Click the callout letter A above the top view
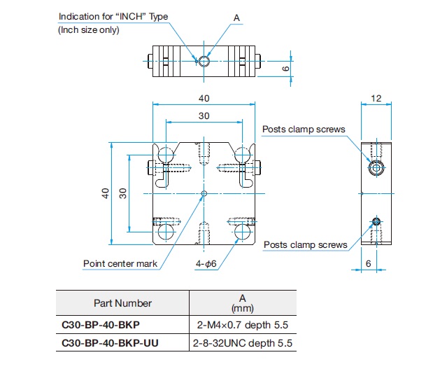236,18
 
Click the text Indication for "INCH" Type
113,17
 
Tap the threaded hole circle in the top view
204,61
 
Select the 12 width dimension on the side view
376,98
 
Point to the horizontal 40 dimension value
204,98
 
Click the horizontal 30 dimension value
204,116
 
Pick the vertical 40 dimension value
106,193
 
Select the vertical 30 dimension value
123,193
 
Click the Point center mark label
120,263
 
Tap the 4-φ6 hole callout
206,264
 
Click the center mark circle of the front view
204,194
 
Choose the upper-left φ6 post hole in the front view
166,155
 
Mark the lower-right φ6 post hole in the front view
242,232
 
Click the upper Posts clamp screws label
304,129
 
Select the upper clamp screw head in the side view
376,168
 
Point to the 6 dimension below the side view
369,263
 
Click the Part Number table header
122,303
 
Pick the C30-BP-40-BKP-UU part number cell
110,343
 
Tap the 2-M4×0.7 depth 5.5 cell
243,325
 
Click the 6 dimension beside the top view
286,69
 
